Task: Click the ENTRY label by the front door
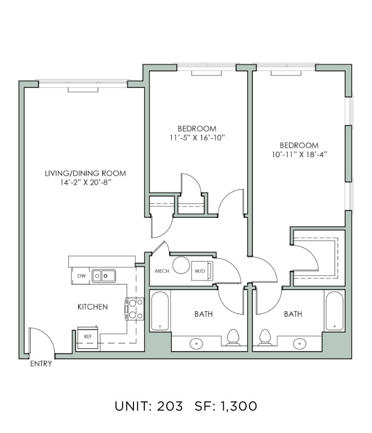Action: tap(41, 364)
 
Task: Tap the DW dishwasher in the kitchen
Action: tap(80, 276)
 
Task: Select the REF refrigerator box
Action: tap(88, 337)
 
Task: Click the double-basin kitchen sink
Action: tap(104, 276)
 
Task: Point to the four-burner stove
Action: tap(135, 309)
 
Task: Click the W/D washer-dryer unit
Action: tap(202, 271)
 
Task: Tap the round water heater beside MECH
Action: tap(181, 265)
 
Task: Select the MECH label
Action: tap(162, 271)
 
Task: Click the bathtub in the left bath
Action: tap(160, 311)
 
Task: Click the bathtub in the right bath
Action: tap(334, 311)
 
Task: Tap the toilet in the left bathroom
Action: tap(233, 337)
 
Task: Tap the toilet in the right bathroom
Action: tap(265, 337)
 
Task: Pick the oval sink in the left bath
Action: tap(196, 343)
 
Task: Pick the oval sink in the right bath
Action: tap(299, 343)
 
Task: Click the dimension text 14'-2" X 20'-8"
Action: tap(85, 182)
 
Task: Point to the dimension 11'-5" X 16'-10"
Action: tap(197, 138)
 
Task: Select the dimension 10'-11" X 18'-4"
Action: tap(299, 155)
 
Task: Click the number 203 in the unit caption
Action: tap(170, 406)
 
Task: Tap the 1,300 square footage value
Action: tap(239, 406)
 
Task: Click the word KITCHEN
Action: tap(92, 307)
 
